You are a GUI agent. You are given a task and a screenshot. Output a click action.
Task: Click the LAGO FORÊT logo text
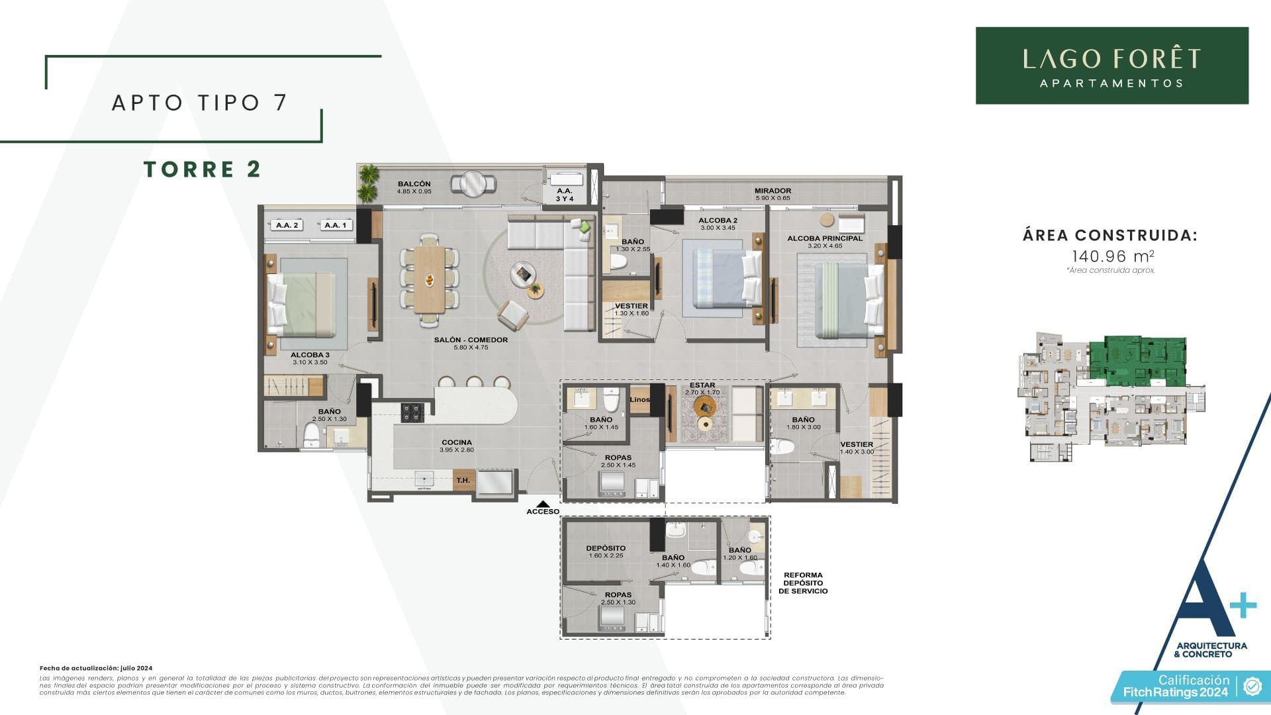[x=1111, y=59]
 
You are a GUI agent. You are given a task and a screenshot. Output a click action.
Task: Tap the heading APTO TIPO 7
[x=199, y=103]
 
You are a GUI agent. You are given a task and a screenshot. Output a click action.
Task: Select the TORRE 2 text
[x=203, y=169]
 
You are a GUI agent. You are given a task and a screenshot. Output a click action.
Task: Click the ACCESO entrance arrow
[x=543, y=504]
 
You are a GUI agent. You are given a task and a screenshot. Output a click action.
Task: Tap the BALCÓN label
[x=414, y=184]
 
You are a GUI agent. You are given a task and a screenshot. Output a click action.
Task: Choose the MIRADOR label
[x=773, y=191]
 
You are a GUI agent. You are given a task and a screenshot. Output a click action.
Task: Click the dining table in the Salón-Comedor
[x=430, y=279]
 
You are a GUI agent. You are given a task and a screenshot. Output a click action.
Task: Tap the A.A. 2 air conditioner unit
[x=287, y=225]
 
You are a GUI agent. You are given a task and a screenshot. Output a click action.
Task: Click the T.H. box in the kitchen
[x=463, y=481]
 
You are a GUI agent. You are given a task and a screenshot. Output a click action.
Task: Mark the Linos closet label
[x=639, y=399]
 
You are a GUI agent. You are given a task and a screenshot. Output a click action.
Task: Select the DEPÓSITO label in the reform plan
[x=606, y=548]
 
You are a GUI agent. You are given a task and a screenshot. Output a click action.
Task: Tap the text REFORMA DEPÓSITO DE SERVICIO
[x=803, y=583]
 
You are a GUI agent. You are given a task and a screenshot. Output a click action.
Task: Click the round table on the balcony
[x=473, y=183]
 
